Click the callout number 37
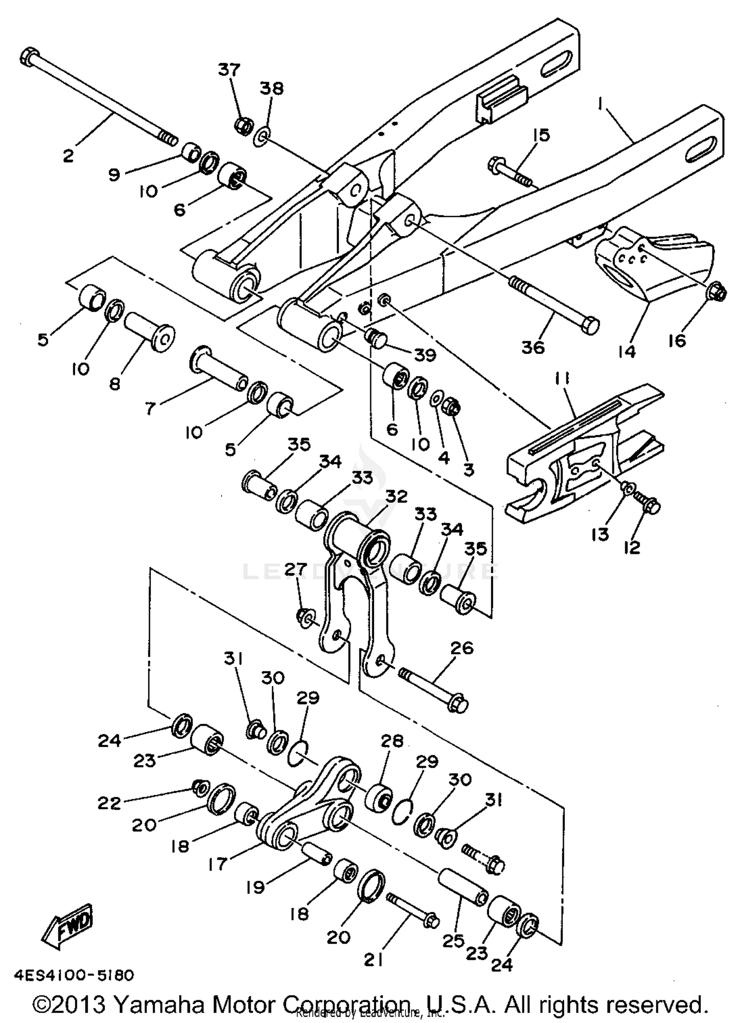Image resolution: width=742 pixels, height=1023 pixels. tap(230, 70)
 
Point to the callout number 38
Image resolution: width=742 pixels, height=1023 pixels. tap(272, 89)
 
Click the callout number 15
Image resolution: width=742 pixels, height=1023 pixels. tap(542, 135)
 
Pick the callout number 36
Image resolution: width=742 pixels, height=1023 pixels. tap(533, 347)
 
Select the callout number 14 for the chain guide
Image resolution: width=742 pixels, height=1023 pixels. tap(626, 352)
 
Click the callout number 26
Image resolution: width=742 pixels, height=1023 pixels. tap(462, 648)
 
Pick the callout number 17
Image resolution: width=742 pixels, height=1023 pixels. tap(218, 864)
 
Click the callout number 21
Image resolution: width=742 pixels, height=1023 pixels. tap(373, 960)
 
